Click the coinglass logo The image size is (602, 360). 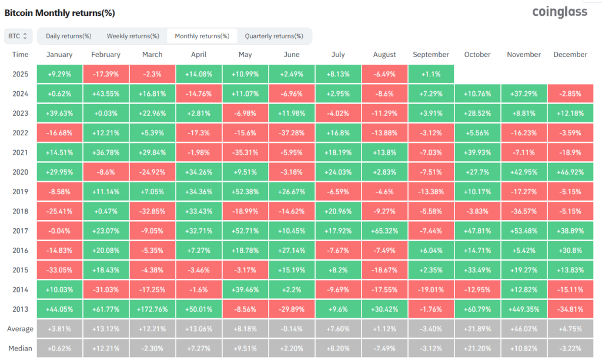[x=559, y=12]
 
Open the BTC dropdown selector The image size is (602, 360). [x=18, y=36]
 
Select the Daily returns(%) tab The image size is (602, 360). [x=68, y=36]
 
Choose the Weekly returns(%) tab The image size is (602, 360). [x=133, y=36]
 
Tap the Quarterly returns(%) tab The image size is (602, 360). [x=274, y=36]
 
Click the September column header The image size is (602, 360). [x=431, y=55]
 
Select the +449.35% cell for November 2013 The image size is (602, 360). [x=524, y=309]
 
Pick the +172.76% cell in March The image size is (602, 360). [x=152, y=309]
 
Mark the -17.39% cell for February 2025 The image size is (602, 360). [x=106, y=74]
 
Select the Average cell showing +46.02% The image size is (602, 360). [x=524, y=328]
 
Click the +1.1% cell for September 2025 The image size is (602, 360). [x=431, y=74]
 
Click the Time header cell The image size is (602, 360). [x=20, y=55]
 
